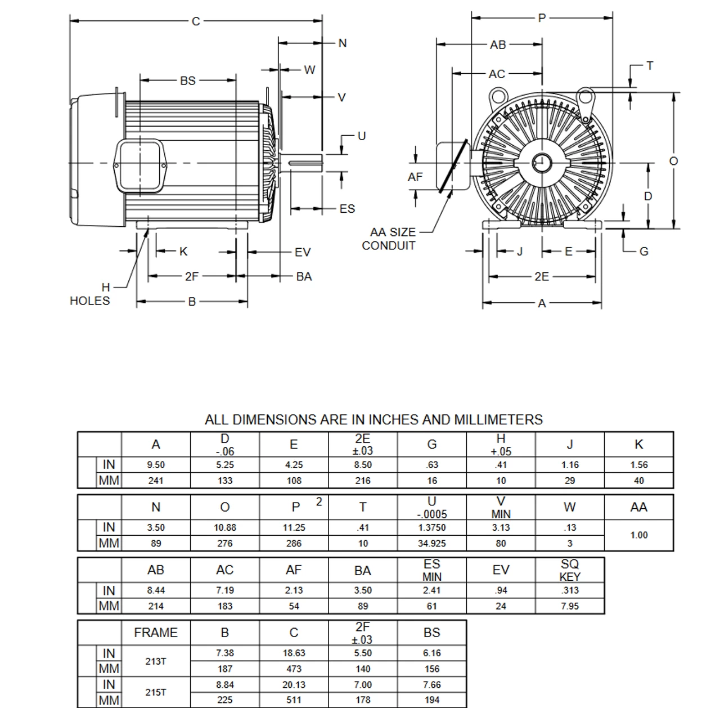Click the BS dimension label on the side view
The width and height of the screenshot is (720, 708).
188,80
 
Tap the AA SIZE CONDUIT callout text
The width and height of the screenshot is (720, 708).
389,239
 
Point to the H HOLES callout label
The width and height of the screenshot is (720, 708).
90,294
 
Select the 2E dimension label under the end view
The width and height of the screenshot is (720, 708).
541,276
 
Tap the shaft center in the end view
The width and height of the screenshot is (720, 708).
542,163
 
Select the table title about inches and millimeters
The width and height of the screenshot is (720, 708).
373,420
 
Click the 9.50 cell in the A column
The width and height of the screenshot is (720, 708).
156,465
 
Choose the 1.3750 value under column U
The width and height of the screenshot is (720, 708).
432,528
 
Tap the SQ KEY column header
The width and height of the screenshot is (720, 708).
570,570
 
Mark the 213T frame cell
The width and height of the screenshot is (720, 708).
156,661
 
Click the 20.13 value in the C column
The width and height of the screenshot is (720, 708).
294,685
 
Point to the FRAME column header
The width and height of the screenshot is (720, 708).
156,633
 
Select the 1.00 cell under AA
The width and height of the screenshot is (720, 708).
639,535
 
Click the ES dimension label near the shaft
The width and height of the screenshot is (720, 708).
347,209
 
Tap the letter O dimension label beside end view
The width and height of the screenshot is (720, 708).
673,161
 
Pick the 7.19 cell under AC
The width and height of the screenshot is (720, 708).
225,590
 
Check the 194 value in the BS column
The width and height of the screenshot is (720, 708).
432,700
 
